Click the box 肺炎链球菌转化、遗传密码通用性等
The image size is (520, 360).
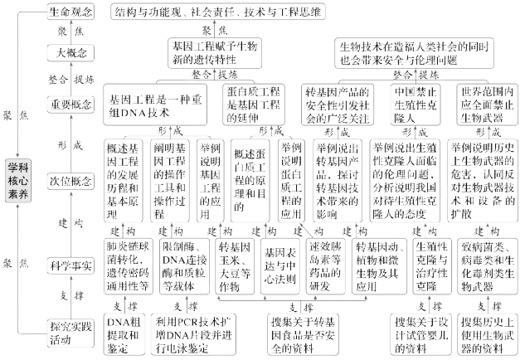tap(126, 264)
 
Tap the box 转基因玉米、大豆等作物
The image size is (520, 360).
tap(233, 264)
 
